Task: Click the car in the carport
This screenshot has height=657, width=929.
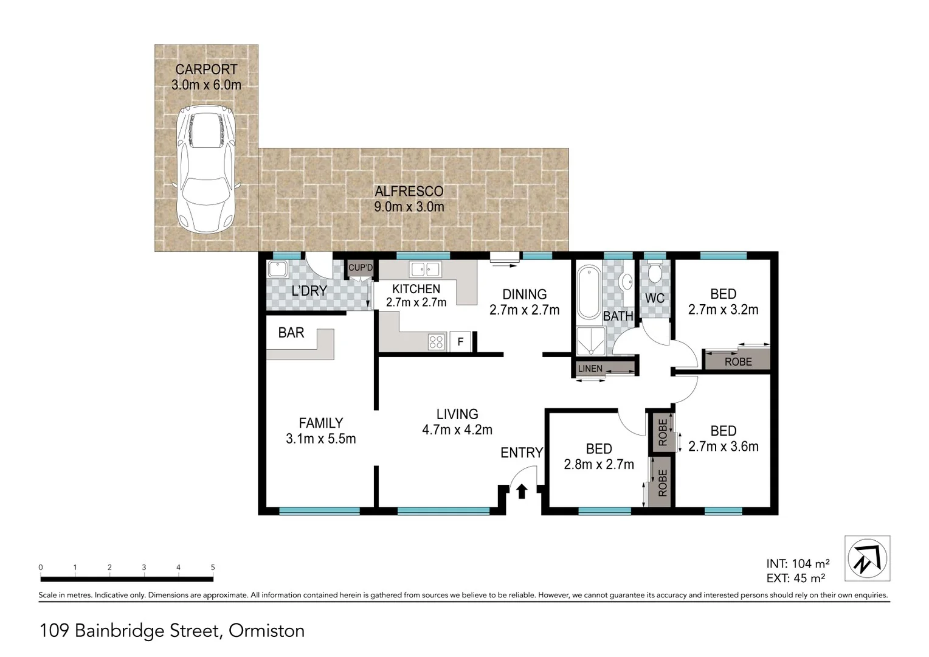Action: coord(205,170)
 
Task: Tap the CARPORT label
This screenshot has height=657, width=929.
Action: coord(206,69)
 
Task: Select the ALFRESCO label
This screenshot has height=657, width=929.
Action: coord(409,191)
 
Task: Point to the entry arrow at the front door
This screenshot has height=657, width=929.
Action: coord(522,490)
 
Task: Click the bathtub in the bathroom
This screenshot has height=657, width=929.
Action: coord(588,292)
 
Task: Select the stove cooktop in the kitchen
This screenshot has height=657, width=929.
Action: coord(436,341)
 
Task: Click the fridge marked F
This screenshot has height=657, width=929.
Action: coord(460,342)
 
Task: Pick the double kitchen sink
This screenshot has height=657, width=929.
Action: coord(424,268)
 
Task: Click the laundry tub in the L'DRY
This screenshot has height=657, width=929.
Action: coord(278,269)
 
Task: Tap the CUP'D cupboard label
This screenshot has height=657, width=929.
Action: coord(361,268)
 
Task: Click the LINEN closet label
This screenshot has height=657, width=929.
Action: coord(590,369)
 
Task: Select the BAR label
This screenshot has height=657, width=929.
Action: coord(291,333)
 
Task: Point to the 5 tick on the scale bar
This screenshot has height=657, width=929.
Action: coord(213,568)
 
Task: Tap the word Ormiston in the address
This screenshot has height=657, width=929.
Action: coord(266,631)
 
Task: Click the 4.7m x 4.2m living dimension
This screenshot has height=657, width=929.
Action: coord(457,430)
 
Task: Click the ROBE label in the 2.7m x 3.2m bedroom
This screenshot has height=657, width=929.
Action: coord(738,361)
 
